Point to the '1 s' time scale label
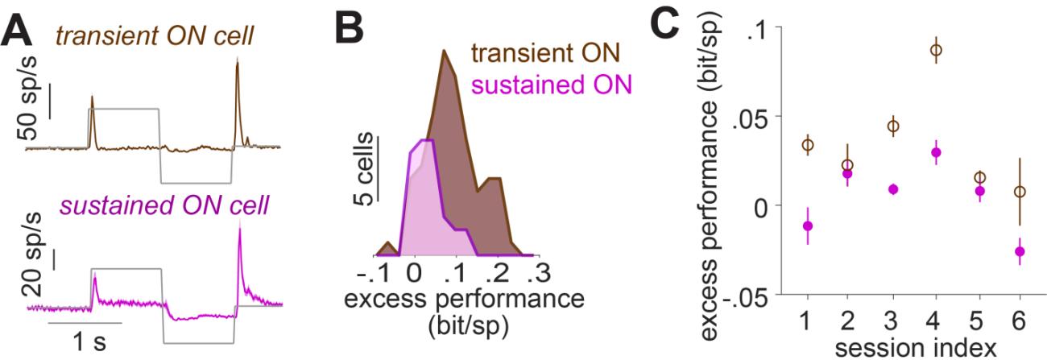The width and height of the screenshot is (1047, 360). (x=84, y=343)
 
